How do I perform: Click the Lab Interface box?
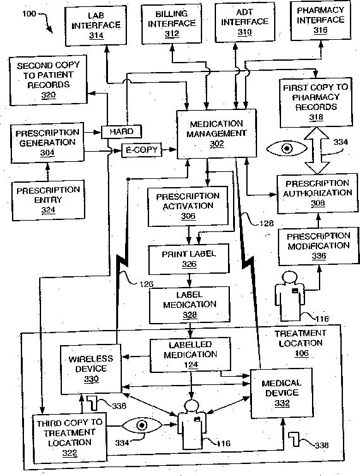pyautogui.click(x=96, y=25)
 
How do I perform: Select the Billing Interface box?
pyautogui.click(x=172, y=24)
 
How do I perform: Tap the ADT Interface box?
pyautogui.click(x=245, y=23)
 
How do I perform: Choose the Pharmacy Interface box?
pyautogui.click(x=321, y=21)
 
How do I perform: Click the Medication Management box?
pyautogui.click(x=217, y=134)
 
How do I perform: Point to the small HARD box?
pyautogui.click(x=121, y=131)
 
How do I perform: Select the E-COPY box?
pyautogui.click(x=141, y=150)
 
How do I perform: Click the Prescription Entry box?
pyautogui.click(x=48, y=200)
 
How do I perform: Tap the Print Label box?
pyautogui.click(x=189, y=259)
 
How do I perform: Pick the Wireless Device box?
pyautogui.click(x=92, y=369)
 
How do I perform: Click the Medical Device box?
pyautogui.click(x=282, y=393)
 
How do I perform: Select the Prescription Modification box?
pyautogui.click(x=318, y=247)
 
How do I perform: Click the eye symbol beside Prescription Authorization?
pyautogui.click(x=287, y=149)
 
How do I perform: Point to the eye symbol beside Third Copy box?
pyautogui.click(x=141, y=425)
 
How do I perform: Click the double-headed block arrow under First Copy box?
pyautogui.click(x=316, y=150)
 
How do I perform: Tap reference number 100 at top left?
pyautogui.click(x=29, y=14)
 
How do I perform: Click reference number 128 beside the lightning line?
pyautogui.click(x=267, y=223)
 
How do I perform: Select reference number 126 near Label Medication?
pyautogui.click(x=147, y=284)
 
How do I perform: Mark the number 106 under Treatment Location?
pyautogui.click(x=301, y=353)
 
